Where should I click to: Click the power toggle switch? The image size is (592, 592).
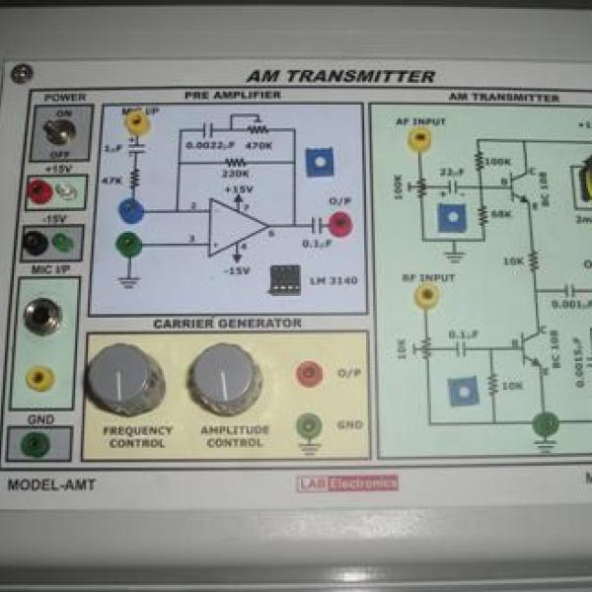coord(60,133)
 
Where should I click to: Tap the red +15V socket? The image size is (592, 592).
coord(39,189)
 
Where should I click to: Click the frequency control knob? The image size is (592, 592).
coord(124,377)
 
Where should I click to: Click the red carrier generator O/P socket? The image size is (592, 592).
coord(310,372)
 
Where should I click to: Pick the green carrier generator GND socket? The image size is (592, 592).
coord(310,425)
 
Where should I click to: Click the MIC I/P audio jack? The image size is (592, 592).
coord(42,316)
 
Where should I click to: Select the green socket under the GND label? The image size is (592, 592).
coord(38,445)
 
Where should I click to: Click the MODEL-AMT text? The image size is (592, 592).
coord(52,485)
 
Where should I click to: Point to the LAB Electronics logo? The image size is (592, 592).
coord(347,483)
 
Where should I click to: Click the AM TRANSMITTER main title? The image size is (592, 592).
coord(340,76)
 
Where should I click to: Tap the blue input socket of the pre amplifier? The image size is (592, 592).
coord(129,209)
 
